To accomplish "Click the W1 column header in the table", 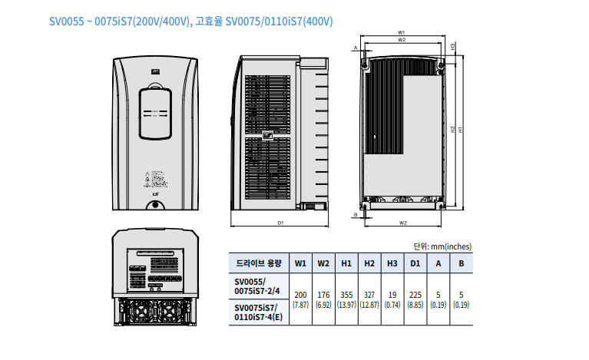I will tap(301, 263).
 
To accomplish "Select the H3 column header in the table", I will tap(392, 263).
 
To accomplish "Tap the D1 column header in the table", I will tap(415, 263).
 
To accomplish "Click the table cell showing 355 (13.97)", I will tap(346, 300).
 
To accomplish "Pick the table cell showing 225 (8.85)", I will tap(415, 300).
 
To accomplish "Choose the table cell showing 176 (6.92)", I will tap(323, 300).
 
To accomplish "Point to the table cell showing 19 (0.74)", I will tap(392, 300).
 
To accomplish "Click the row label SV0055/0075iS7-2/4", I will tap(258, 286).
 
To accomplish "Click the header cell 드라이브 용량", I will tap(258, 263).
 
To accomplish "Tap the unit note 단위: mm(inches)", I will tap(442, 246).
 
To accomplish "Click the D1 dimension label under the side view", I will tap(281, 223).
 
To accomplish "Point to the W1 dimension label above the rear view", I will tap(402, 31).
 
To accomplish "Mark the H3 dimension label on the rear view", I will tap(453, 46).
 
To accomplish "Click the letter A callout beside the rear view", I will tap(356, 48).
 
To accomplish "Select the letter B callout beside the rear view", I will tap(356, 215).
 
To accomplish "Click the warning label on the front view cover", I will tap(155, 180).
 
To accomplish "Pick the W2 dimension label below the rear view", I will tap(403, 223).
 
